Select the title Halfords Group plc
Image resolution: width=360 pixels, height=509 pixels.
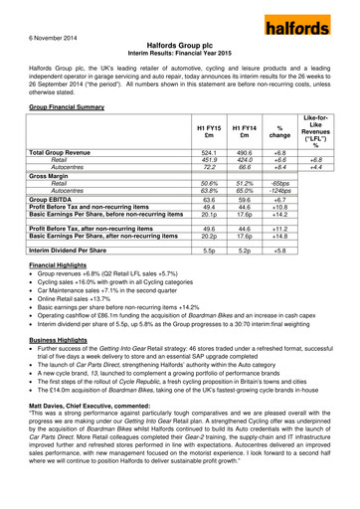[x=179, y=46]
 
